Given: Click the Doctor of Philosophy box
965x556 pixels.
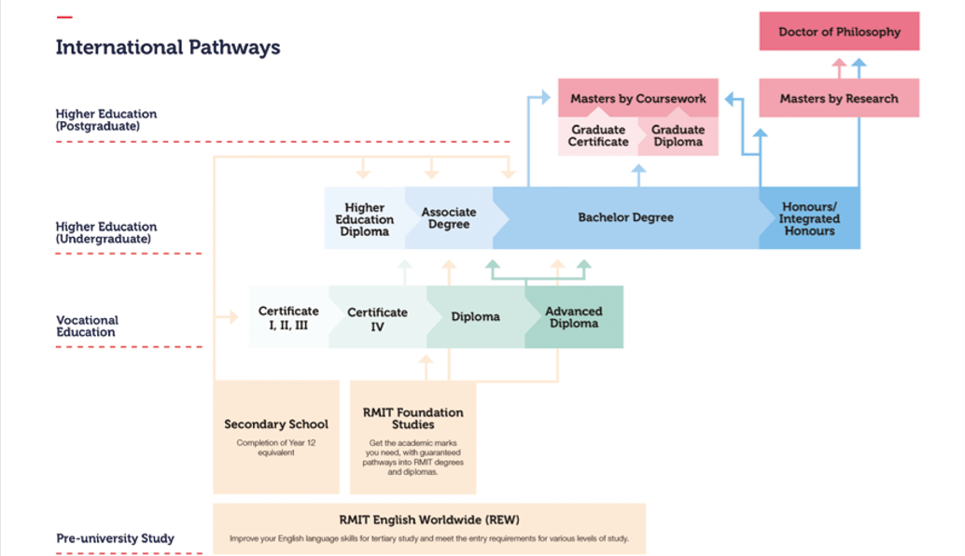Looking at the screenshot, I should pos(839,32).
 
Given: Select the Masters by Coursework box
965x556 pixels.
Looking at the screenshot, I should pos(638,98).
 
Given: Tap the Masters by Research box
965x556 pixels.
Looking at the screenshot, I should pos(839,98).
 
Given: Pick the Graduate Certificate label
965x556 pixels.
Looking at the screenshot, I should pos(598,136).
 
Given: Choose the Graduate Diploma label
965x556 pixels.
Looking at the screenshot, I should pos(678,136).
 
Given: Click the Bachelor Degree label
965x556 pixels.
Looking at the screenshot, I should pos(625,217).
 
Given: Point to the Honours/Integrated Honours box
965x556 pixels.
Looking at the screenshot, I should pos(809,218).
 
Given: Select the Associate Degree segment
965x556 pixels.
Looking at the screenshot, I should pos(448,218).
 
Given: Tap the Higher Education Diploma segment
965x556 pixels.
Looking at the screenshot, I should pos(364,219).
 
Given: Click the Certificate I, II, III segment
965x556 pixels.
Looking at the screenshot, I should pos(288,317).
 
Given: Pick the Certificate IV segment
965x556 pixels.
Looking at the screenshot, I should pos(377,318).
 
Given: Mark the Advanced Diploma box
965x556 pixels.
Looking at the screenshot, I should pos(574,317).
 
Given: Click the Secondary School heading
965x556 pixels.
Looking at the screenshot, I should pos(276,424).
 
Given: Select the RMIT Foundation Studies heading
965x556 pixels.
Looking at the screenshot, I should pos(413,418).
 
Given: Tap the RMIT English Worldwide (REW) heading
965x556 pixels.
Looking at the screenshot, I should pos(429,520).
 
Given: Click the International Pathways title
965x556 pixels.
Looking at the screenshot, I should pos(168,48).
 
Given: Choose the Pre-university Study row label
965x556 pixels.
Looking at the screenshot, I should pos(115,538).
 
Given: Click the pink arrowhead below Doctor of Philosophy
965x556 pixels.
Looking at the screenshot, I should pos(839,64).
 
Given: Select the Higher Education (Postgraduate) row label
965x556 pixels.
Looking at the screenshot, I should pos(106,119).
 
